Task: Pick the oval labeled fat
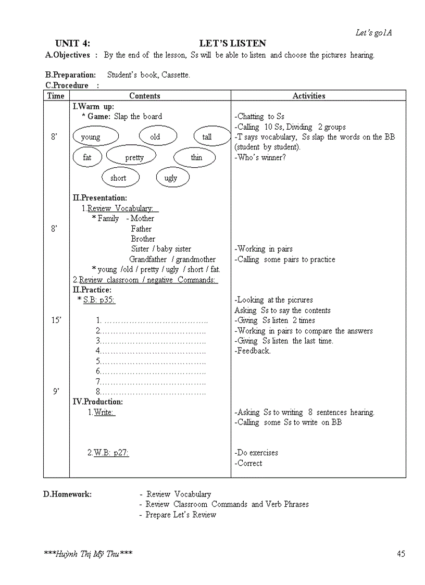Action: pyautogui.click(x=87, y=157)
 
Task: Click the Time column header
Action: pyautogui.click(x=56, y=96)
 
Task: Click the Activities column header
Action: pyautogui.click(x=309, y=96)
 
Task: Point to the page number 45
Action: pyautogui.click(x=401, y=554)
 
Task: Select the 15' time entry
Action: pyautogui.click(x=56, y=320)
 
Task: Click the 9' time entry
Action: pyautogui.click(x=56, y=392)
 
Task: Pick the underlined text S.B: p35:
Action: pyautogui.click(x=99, y=300)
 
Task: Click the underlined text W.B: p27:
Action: pyautogui.click(x=111, y=453)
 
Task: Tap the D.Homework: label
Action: pyautogui.click(x=67, y=494)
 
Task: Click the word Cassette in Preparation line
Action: pyautogui.click(x=176, y=75)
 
